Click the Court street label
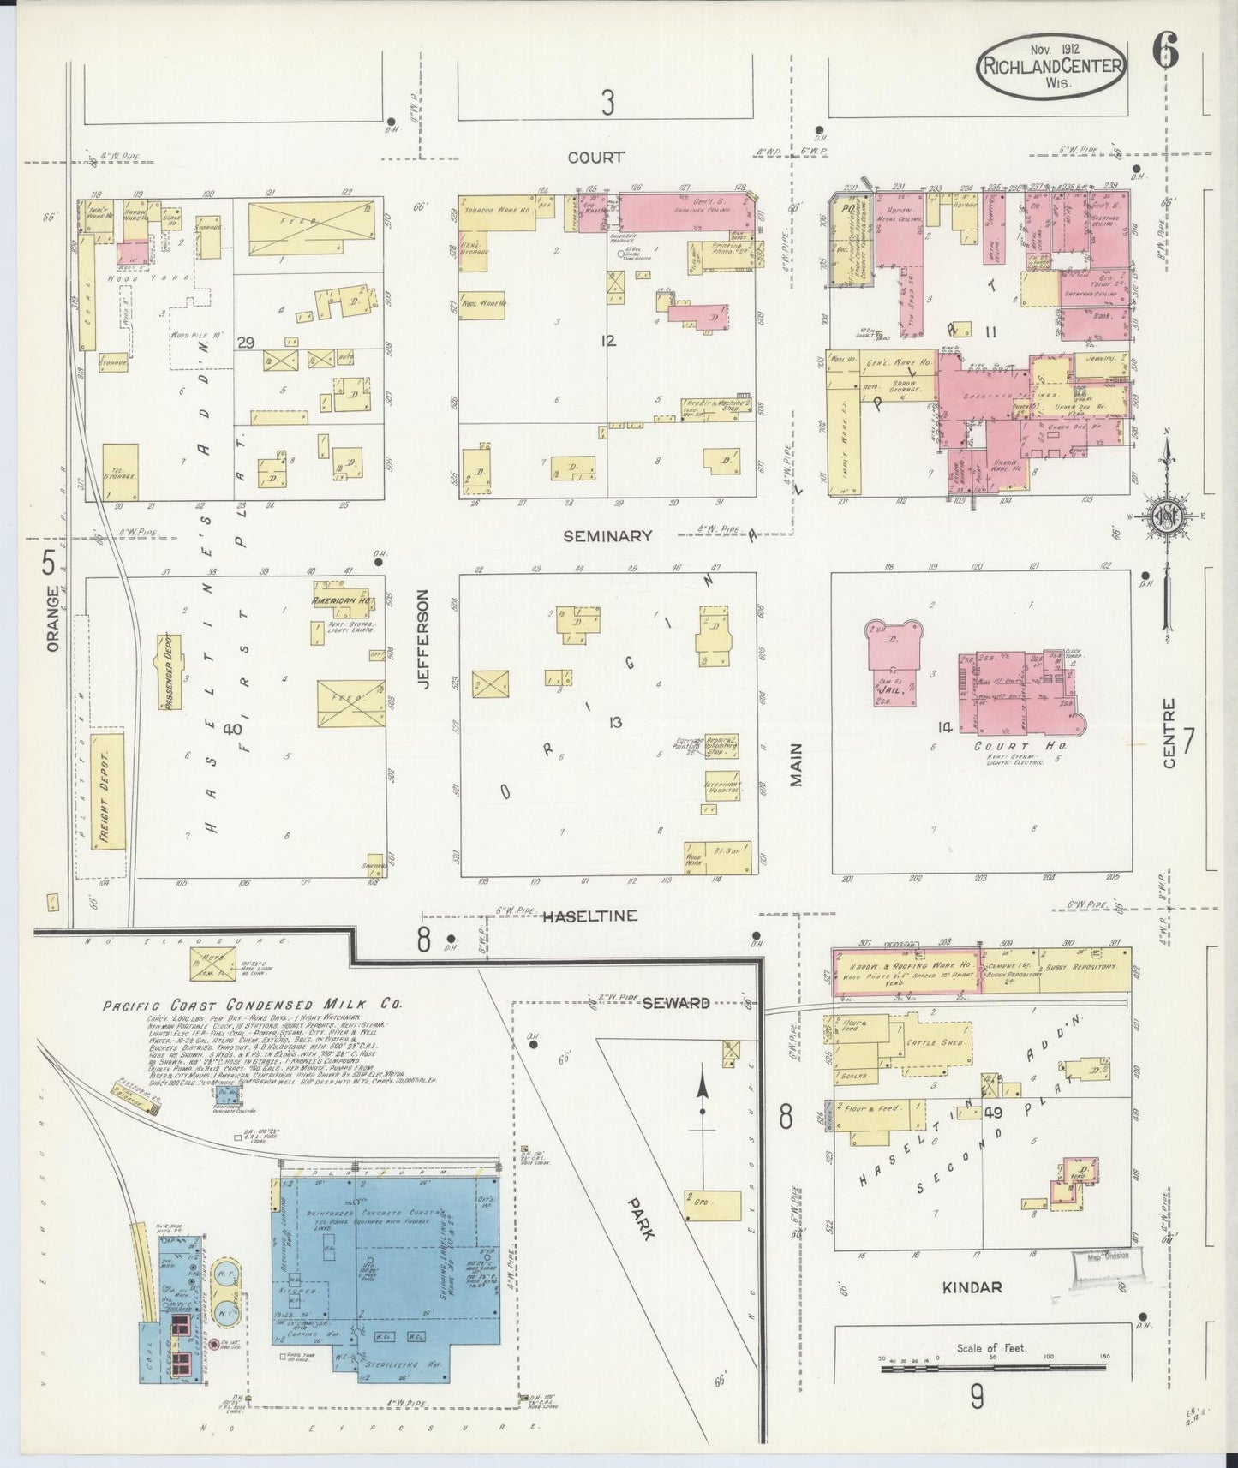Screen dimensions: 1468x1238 (x=595, y=158)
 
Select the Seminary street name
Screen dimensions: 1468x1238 (x=607, y=536)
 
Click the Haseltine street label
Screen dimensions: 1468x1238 (x=589, y=916)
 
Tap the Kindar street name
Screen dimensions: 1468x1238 (x=972, y=1287)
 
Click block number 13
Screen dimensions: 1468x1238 (x=613, y=722)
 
